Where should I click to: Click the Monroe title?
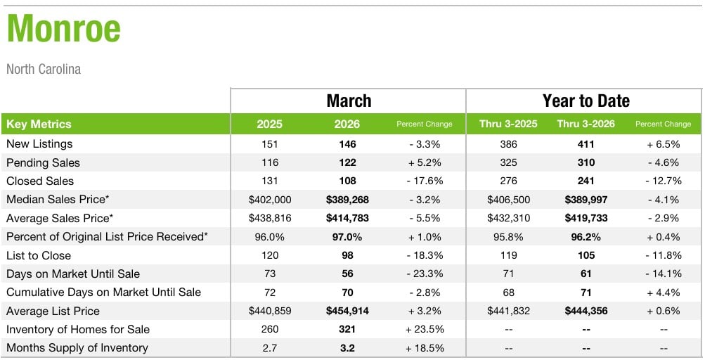(64, 30)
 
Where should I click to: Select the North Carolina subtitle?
(44, 69)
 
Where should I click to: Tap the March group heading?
(349, 101)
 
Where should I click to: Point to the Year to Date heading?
(586, 101)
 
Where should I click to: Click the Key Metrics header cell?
(39, 124)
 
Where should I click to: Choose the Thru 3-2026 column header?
(586, 124)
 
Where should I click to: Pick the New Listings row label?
(39, 144)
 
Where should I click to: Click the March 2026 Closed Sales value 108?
(347, 181)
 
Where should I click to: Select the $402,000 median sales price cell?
(270, 200)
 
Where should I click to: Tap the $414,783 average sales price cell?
(347, 218)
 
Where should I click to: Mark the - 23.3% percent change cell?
(425, 274)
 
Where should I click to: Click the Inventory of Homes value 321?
(347, 330)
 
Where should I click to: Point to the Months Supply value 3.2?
(347, 348)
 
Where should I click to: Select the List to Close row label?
(39, 256)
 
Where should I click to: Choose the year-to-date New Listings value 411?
(586, 144)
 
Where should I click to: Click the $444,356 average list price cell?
(586, 311)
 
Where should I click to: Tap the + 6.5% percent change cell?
(663, 144)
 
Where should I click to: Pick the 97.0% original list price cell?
(347, 237)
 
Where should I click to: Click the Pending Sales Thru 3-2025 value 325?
(508, 163)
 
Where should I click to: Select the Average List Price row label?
(53, 311)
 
